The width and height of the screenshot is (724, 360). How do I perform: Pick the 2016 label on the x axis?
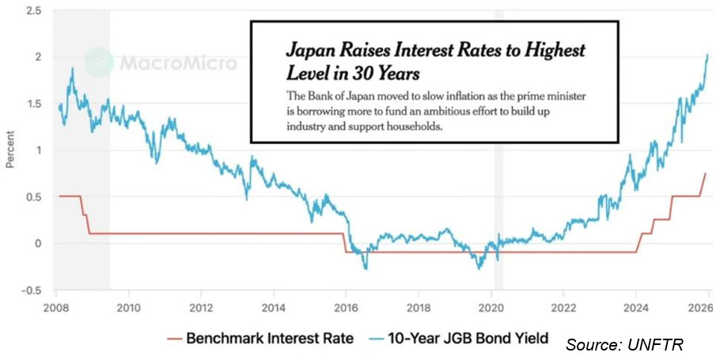(346, 307)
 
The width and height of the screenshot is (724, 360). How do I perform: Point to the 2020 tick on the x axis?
(491, 307)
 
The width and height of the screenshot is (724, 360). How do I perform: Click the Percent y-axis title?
(10, 150)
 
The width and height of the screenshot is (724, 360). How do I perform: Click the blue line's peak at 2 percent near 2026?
(707, 55)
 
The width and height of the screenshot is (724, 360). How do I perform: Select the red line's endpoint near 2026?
(705, 173)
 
